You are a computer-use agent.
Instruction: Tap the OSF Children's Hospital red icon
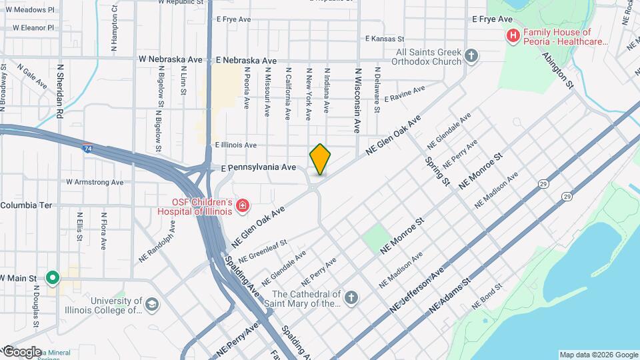(243, 204)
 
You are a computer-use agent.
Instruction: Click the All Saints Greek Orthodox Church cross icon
(471, 55)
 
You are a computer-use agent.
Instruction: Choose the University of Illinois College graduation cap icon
(152, 304)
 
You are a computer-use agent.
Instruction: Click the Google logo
(21, 351)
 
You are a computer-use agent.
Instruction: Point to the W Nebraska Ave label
(170, 59)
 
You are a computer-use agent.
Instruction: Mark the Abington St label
(558, 70)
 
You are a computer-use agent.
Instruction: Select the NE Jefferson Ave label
(417, 292)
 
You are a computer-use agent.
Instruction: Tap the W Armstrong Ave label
(95, 182)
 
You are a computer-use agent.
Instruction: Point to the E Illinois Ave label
(235, 145)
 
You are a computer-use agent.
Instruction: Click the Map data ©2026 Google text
(597, 355)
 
